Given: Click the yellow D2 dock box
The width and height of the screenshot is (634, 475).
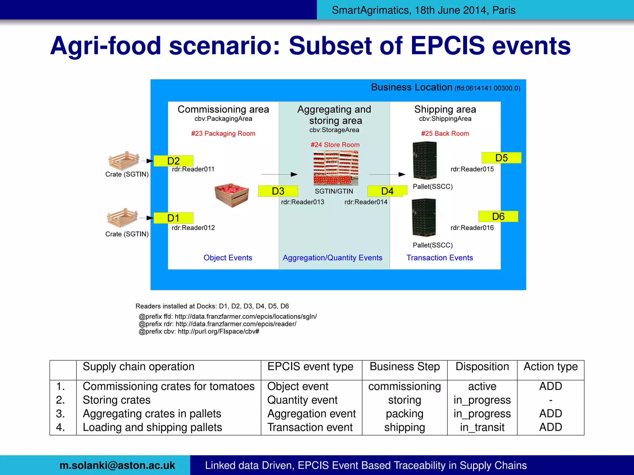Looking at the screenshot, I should click(x=173, y=161).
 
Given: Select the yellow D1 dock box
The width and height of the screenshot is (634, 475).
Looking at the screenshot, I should click(x=173, y=218).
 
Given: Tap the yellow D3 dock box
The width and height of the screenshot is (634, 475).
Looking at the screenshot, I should click(x=278, y=191).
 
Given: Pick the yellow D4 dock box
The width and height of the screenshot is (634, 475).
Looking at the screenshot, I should click(x=387, y=191).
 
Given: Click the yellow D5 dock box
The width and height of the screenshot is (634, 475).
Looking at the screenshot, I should click(x=501, y=158).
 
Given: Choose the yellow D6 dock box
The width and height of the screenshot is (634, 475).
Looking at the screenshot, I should click(x=498, y=216).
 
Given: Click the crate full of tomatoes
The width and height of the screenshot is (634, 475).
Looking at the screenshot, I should click(x=232, y=195).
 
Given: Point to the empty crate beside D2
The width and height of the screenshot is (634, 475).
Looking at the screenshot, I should click(x=124, y=160).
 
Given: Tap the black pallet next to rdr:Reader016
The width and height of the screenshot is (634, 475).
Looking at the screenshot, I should click(x=424, y=217).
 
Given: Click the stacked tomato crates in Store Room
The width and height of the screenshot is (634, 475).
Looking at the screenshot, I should click(x=336, y=168).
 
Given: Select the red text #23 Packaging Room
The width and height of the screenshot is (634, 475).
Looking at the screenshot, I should click(x=223, y=134).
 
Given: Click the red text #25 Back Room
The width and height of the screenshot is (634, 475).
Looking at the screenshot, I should click(x=445, y=134).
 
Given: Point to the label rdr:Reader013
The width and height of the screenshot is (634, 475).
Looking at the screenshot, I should click(x=302, y=202).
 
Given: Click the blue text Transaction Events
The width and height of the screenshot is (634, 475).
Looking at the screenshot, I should click(x=440, y=258).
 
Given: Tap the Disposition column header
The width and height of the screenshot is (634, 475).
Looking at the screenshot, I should click(x=482, y=367).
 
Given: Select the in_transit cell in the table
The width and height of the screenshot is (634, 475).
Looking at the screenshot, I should click(x=482, y=427).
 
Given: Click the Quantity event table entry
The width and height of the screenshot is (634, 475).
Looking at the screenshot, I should click(x=302, y=400).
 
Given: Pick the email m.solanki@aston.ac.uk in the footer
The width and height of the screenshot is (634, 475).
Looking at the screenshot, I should click(x=117, y=465).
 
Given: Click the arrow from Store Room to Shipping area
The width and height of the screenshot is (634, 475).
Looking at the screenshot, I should click(x=387, y=174).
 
